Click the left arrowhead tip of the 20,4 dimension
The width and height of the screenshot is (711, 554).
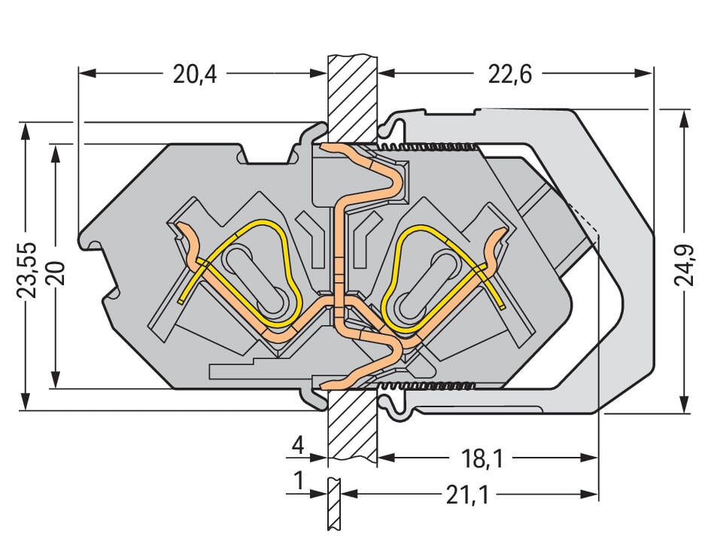(x=79, y=73)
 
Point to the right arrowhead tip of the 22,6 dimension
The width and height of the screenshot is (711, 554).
(x=652, y=73)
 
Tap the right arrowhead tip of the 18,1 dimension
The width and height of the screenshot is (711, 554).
(x=598, y=458)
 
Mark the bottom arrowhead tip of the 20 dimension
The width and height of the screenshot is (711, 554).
(x=56, y=388)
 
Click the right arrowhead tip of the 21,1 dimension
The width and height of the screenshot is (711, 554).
(x=598, y=494)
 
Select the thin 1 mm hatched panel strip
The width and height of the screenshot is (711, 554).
(x=334, y=503)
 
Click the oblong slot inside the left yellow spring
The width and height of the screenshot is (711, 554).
(x=257, y=279)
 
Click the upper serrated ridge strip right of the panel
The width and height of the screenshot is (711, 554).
(x=429, y=147)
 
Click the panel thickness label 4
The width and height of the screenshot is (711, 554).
(x=298, y=446)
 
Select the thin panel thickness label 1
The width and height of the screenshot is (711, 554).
(x=299, y=481)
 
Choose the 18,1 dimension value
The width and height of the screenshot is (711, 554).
(x=482, y=458)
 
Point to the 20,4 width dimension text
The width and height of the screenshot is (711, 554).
(x=195, y=75)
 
